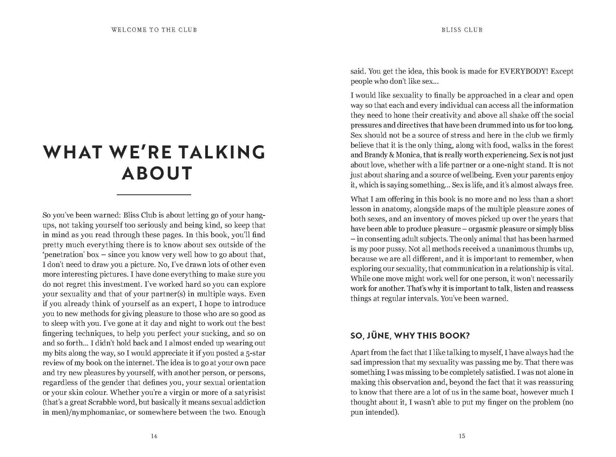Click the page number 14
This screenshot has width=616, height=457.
154,436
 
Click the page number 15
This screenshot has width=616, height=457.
462,436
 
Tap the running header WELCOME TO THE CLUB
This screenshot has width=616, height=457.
154,30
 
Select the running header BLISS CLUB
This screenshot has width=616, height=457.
462,30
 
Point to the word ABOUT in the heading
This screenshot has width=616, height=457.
157,173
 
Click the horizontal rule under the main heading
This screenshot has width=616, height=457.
154,195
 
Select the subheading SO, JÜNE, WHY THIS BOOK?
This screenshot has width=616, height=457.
410,336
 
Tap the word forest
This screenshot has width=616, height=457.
563,145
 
